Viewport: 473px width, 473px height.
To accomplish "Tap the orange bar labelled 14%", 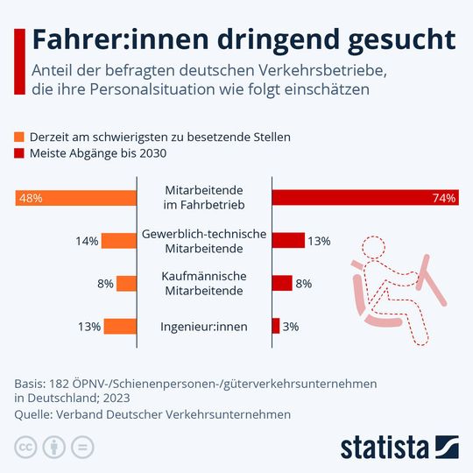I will coord(119,241).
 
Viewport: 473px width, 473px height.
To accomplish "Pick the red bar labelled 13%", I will coord(288,241).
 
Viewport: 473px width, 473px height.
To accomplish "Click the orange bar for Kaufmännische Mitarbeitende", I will coord(127,283).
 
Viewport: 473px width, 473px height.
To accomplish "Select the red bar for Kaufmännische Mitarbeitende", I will coord(282,283).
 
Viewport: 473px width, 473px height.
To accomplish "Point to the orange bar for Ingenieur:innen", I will coord(121,326).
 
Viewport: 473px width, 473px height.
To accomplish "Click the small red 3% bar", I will coord(276,326).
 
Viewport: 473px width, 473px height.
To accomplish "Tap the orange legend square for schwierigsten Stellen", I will coord(20,137).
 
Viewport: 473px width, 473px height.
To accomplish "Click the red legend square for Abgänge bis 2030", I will coord(20,153).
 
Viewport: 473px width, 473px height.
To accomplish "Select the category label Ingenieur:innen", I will coord(204,327).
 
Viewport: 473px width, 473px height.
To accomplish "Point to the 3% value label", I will coord(292,327).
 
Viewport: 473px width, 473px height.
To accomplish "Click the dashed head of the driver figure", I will coord(379,249).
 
